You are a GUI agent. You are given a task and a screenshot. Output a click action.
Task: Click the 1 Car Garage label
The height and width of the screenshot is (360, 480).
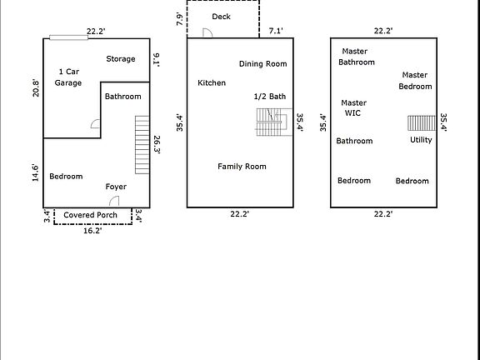click(x=68, y=77)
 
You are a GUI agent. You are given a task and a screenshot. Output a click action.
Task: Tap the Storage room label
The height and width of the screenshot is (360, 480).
click(x=121, y=59)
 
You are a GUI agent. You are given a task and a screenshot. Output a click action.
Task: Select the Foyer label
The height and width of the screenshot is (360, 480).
click(x=116, y=187)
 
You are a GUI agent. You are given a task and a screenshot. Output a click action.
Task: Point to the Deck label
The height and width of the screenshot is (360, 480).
click(x=221, y=17)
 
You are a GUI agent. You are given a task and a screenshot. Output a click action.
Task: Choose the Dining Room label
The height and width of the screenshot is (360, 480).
click(x=262, y=64)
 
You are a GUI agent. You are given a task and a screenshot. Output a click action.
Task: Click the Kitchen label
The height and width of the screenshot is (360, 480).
click(x=212, y=83)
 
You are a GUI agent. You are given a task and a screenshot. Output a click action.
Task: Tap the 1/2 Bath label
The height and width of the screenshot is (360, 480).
click(x=270, y=97)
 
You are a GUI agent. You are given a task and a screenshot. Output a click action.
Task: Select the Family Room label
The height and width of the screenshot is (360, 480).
click(x=242, y=167)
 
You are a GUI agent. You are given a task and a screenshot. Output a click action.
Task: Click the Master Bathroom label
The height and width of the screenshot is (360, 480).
click(x=357, y=57)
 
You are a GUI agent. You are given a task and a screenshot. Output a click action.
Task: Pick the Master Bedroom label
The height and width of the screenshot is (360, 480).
click(x=415, y=81)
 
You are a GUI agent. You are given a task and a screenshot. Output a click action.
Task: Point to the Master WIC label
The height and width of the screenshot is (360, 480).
click(x=354, y=108)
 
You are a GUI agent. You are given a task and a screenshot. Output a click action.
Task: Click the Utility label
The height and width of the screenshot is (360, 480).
click(x=421, y=140)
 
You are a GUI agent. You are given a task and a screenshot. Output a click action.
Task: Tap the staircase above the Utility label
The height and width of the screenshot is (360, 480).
click(x=421, y=122)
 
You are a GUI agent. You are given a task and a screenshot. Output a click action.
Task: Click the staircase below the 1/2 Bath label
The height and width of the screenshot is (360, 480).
click(x=270, y=123)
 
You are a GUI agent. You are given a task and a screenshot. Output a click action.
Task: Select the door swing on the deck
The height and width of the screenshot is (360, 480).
click(x=208, y=32)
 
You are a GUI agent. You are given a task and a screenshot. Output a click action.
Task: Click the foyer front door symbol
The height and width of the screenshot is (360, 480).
click(x=114, y=202)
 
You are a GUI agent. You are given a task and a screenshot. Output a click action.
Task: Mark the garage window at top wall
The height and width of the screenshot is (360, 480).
click(x=67, y=37)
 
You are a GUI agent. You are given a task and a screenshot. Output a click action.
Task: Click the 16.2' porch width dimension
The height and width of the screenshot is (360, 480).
click(x=93, y=231)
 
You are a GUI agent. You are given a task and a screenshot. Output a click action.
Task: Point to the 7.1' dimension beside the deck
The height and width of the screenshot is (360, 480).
click(x=275, y=31)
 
